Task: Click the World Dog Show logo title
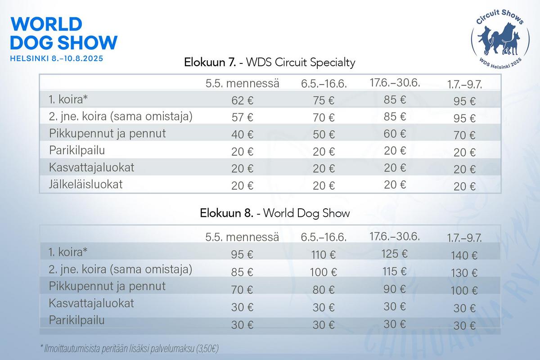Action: [x=63, y=33]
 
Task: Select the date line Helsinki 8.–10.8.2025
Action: [x=57, y=58]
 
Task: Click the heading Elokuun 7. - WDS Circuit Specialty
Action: [x=270, y=63]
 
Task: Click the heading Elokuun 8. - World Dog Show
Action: [x=275, y=213]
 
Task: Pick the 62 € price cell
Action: [x=242, y=100]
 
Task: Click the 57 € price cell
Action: [x=242, y=117]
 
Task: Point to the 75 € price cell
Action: [x=324, y=100]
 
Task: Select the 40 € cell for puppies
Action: [x=242, y=135]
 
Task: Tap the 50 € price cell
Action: [x=324, y=135]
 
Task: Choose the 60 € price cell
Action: [x=395, y=134]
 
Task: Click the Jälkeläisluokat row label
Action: [x=86, y=184]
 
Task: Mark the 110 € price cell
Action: [x=324, y=255]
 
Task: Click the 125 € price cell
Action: [x=395, y=254]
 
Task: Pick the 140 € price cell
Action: [x=464, y=256]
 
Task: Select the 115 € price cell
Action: [x=395, y=272]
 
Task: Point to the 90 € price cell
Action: [x=395, y=289]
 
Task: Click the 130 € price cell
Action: [x=464, y=273]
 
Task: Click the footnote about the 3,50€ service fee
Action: [x=130, y=349]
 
